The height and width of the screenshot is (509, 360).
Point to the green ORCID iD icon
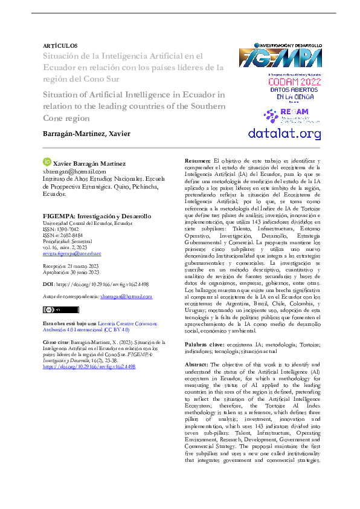pyautogui.click(x=48, y=162)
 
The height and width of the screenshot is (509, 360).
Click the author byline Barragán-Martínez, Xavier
pyautogui.click(x=86, y=133)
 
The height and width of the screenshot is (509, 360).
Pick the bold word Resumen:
pyautogui.click(x=197, y=161)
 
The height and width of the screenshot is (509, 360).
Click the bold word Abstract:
pyautogui.click(x=196, y=365)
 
